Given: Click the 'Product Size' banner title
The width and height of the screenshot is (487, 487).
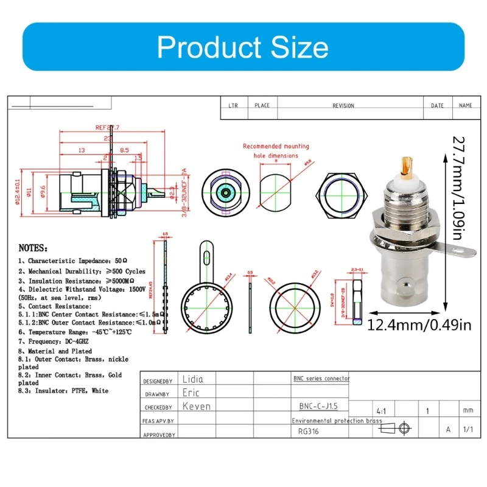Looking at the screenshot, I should click(243, 47).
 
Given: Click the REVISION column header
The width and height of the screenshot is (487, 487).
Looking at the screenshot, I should click(343, 106).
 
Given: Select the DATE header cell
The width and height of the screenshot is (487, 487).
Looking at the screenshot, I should click(437, 106).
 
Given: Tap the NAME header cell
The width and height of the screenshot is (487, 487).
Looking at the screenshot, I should click(465, 106).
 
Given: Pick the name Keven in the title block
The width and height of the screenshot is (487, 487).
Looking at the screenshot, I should click(197, 406).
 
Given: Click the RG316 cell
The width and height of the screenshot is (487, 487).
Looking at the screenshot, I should click(308, 432).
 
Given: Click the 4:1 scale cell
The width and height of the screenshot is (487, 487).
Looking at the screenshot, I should click(382, 411).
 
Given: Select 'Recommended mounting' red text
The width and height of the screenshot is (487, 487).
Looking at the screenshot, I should click(276, 146).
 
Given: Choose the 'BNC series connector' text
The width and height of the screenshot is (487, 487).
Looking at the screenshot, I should click(321, 379).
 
